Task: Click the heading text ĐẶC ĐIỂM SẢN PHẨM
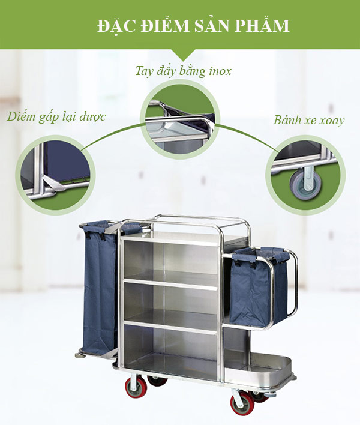(x=193, y=26)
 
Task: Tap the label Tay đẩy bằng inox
(x=183, y=71)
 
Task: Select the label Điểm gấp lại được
(x=56, y=117)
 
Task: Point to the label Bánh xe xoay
(x=309, y=120)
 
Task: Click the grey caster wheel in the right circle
(x=305, y=182)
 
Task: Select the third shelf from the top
(x=171, y=321)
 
